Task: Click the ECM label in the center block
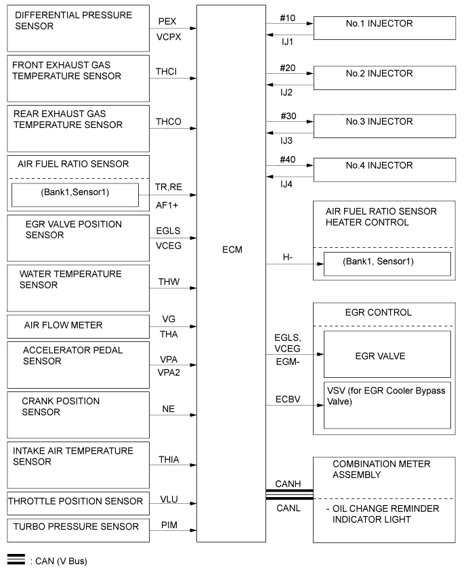[x=231, y=250]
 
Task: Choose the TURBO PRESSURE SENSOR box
[x=77, y=527]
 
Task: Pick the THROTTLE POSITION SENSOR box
[x=77, y=502]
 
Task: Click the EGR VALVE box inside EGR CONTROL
[x=387, y=353]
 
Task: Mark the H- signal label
[x=287, y=257]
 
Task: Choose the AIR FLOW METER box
[x=77, y=326]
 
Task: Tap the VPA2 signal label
[x=168, y=372]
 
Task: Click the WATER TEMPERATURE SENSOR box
[x=77, y=288]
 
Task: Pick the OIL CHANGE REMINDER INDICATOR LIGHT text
[x=385, y=514]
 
